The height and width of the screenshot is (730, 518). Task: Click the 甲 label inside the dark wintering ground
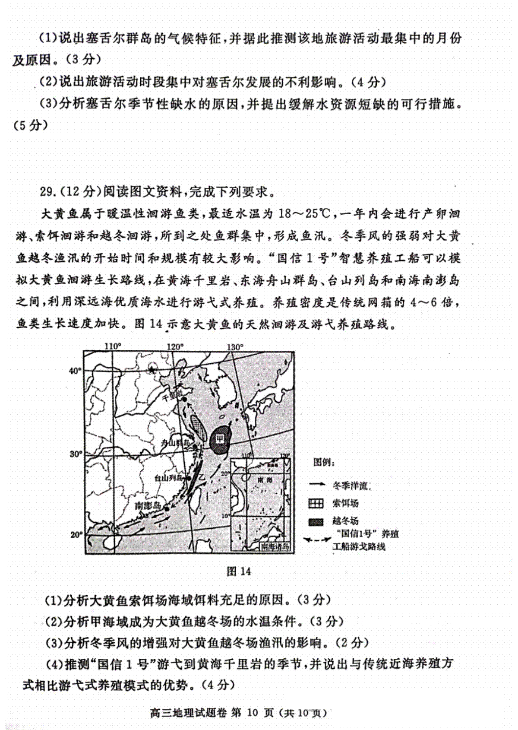(x=220, y=439)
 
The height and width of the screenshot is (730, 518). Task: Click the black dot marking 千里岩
(x=184, y=400)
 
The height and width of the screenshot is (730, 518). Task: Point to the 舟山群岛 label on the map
(x=175, y=443)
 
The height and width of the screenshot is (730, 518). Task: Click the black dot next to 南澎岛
(x=166, y=508)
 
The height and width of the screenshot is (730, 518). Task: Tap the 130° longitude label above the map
(x=235, y=346)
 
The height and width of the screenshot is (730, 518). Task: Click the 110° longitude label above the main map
(x=113, y=346)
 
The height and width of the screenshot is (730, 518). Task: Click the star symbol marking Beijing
(x=152, y=369)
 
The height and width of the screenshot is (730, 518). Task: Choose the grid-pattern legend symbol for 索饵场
(x=316, y=503)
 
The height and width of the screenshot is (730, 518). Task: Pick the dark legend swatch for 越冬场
(x=316, y=521)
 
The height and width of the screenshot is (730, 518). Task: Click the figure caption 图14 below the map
(x=239, y=571)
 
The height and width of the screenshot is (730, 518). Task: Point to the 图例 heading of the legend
(x=324, y=463)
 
